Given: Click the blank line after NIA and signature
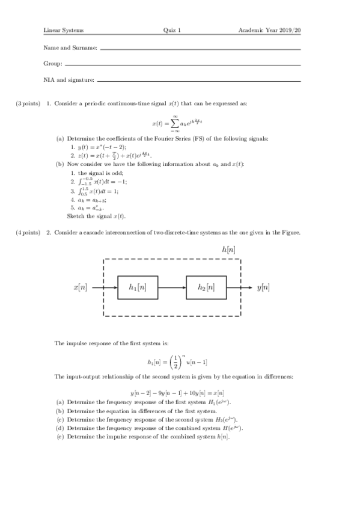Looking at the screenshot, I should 198,81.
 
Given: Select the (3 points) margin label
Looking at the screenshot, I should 28,103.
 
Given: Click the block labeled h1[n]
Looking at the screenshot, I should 138,288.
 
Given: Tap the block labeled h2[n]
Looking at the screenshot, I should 206,288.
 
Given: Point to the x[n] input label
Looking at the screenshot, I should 79,288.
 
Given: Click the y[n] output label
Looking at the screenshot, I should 263,288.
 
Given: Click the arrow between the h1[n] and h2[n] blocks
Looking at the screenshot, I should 172,288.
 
